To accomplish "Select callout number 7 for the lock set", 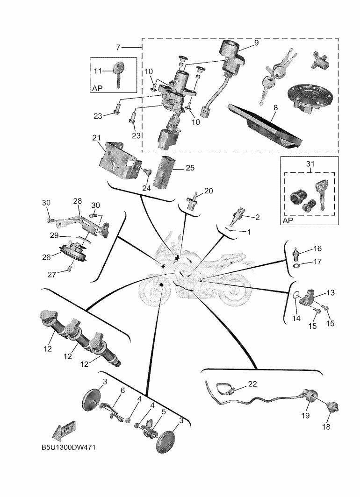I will [118, 47].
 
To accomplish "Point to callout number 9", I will [256, 43].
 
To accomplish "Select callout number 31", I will [310, 164].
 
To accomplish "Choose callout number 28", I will [77, 201].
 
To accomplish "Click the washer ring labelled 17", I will [297, 267].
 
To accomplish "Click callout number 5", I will [163, 412].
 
